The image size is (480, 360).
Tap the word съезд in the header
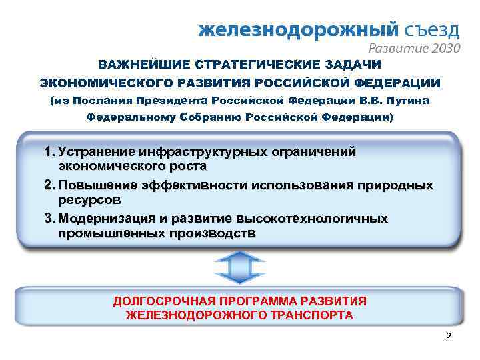point(432,29)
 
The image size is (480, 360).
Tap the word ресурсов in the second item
point(89,199)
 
